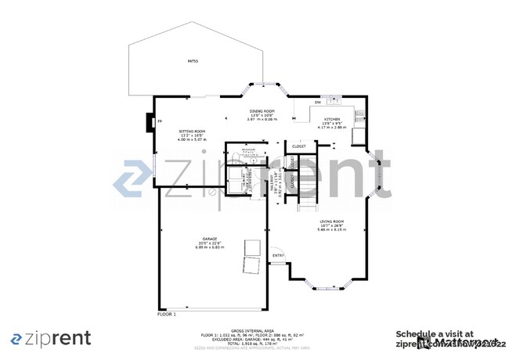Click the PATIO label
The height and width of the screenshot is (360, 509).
click(x=193, y=60)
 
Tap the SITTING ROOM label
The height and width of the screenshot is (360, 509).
click(x=192, y=131)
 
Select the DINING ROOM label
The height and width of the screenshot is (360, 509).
click(x=262, y=112)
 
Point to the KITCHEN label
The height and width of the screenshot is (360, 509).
click(x=333, y=119)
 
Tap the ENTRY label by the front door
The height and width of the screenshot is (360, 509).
click(x=278, y=255)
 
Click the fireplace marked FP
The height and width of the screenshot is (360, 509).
click(x=159, y=122)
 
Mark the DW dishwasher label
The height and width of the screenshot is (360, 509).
click(x=317, y=103)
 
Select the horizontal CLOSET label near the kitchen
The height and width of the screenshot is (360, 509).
click(x=299, y=146)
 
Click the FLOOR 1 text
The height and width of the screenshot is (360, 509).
click(x=167, y=314)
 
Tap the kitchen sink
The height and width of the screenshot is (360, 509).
click(x=334, y=99)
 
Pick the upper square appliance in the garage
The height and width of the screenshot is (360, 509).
click(x=251, y=245)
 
